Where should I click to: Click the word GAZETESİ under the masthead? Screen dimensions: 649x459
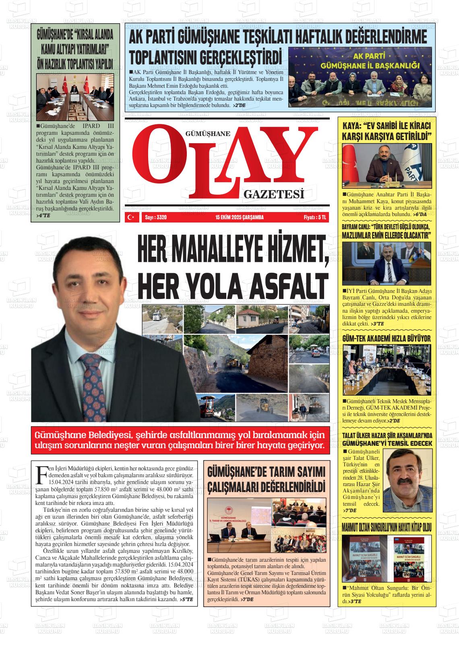point(273,195)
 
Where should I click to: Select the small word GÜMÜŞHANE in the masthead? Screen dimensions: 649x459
point(208,134)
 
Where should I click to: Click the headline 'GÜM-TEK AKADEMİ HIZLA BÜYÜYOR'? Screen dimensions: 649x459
point(386,338)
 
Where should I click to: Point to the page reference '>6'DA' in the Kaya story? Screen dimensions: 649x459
point(419,214)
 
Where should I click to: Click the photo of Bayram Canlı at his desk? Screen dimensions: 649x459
point(386,264)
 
